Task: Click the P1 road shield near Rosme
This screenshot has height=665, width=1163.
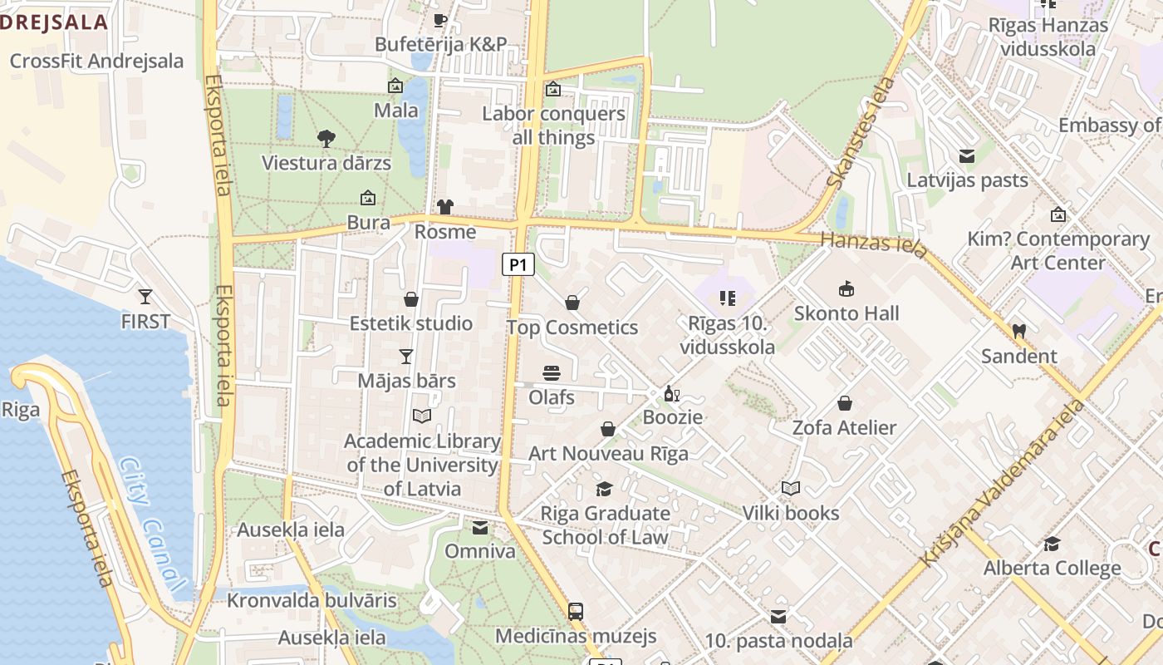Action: point(518,265)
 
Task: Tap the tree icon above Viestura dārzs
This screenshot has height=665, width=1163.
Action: point(326,138)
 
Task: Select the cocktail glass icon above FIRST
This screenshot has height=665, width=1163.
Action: point(145,297)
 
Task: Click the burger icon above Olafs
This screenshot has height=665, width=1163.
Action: point(552,373)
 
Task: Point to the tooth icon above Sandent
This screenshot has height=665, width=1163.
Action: point(1018,331)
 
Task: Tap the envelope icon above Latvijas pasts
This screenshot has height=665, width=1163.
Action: point(967,156)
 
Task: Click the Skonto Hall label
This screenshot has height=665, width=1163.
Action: point(846,313)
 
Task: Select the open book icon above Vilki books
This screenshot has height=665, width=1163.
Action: point(791,489)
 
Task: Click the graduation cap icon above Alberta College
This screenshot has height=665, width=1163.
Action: point(1052,544)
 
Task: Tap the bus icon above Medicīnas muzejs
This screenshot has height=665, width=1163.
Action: point(576,612)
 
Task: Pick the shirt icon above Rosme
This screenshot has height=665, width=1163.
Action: point(445,207)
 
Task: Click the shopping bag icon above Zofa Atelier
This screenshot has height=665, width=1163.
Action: point(845,403)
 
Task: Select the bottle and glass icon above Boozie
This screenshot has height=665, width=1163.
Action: point(672,393)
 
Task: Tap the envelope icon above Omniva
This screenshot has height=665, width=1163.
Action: point(480,527)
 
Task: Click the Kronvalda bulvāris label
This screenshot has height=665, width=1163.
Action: point(312,600)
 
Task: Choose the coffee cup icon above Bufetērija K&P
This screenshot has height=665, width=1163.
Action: point(440,20)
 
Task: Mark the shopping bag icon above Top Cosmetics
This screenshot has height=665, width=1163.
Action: point(572,303)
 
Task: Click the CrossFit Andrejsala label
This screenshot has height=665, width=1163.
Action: point(96,61)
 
